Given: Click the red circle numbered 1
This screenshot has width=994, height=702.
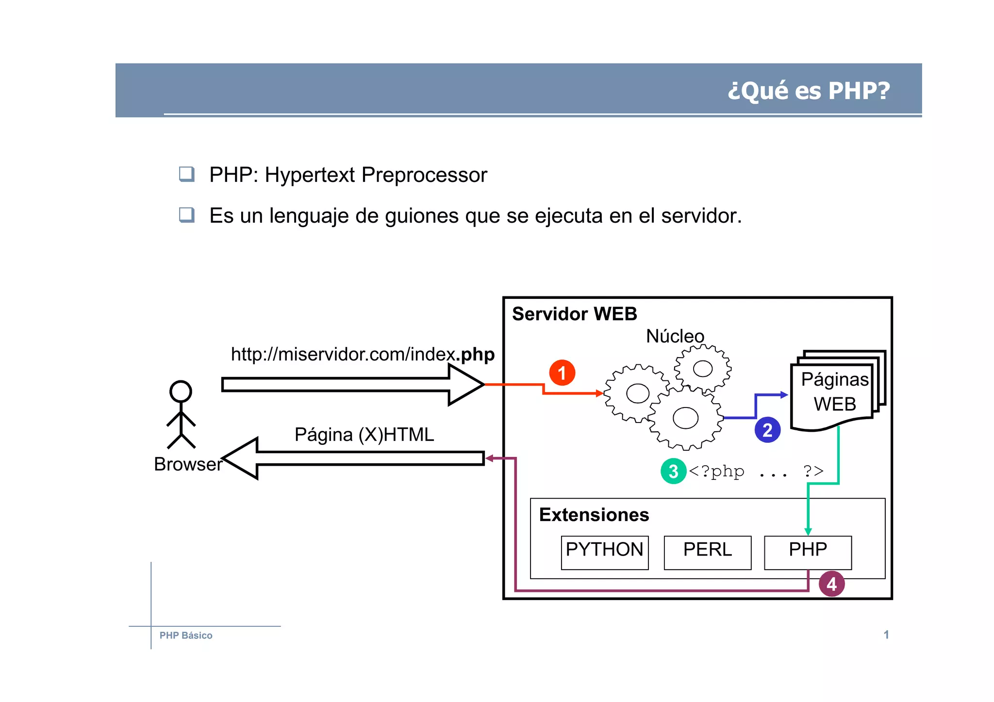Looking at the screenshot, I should coord(562,373).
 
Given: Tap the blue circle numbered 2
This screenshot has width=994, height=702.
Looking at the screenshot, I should coord(767,430).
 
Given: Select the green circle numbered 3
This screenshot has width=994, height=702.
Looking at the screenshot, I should coord(673,471).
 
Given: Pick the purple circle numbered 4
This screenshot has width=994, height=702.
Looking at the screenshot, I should coord(831,584).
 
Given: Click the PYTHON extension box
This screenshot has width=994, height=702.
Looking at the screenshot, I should coord(604,552).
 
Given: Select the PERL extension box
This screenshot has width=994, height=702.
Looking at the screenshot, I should coord(707,552).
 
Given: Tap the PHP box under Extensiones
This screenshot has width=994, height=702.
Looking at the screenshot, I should coord(808,552).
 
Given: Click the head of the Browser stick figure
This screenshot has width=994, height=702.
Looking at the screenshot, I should coord(181,392).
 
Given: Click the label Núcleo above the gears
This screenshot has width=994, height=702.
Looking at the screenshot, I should coord(675,336).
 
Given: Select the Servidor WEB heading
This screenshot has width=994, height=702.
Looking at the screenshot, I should coord(574,314).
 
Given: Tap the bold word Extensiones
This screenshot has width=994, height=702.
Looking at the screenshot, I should coord(594,515).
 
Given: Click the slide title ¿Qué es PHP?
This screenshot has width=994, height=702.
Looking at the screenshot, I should coord(809,91).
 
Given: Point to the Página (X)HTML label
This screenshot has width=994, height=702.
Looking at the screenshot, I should coord(364,435).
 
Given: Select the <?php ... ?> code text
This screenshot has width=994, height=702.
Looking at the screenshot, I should coord(755,471).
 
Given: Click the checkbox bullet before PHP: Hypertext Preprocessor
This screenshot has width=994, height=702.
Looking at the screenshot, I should coord(187,174).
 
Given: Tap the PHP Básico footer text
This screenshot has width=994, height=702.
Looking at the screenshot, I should coord(186,636).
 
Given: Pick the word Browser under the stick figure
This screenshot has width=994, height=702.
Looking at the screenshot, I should coord(188,464).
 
